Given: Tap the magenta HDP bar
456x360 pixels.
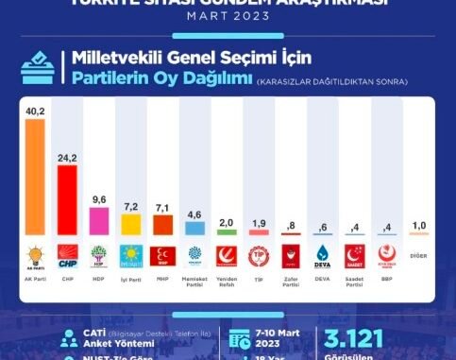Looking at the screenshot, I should tap(100, 221).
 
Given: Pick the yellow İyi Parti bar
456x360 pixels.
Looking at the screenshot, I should tap(131, 225).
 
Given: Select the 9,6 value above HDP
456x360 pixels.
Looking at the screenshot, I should tap(100, 199).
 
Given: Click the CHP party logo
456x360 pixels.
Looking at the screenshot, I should tap(68, 255).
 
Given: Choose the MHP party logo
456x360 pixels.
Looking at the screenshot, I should tap(163, 255).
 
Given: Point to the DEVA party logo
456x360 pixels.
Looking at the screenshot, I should tap(322, 255).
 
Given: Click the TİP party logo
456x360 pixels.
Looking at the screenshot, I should tap(259, 255).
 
